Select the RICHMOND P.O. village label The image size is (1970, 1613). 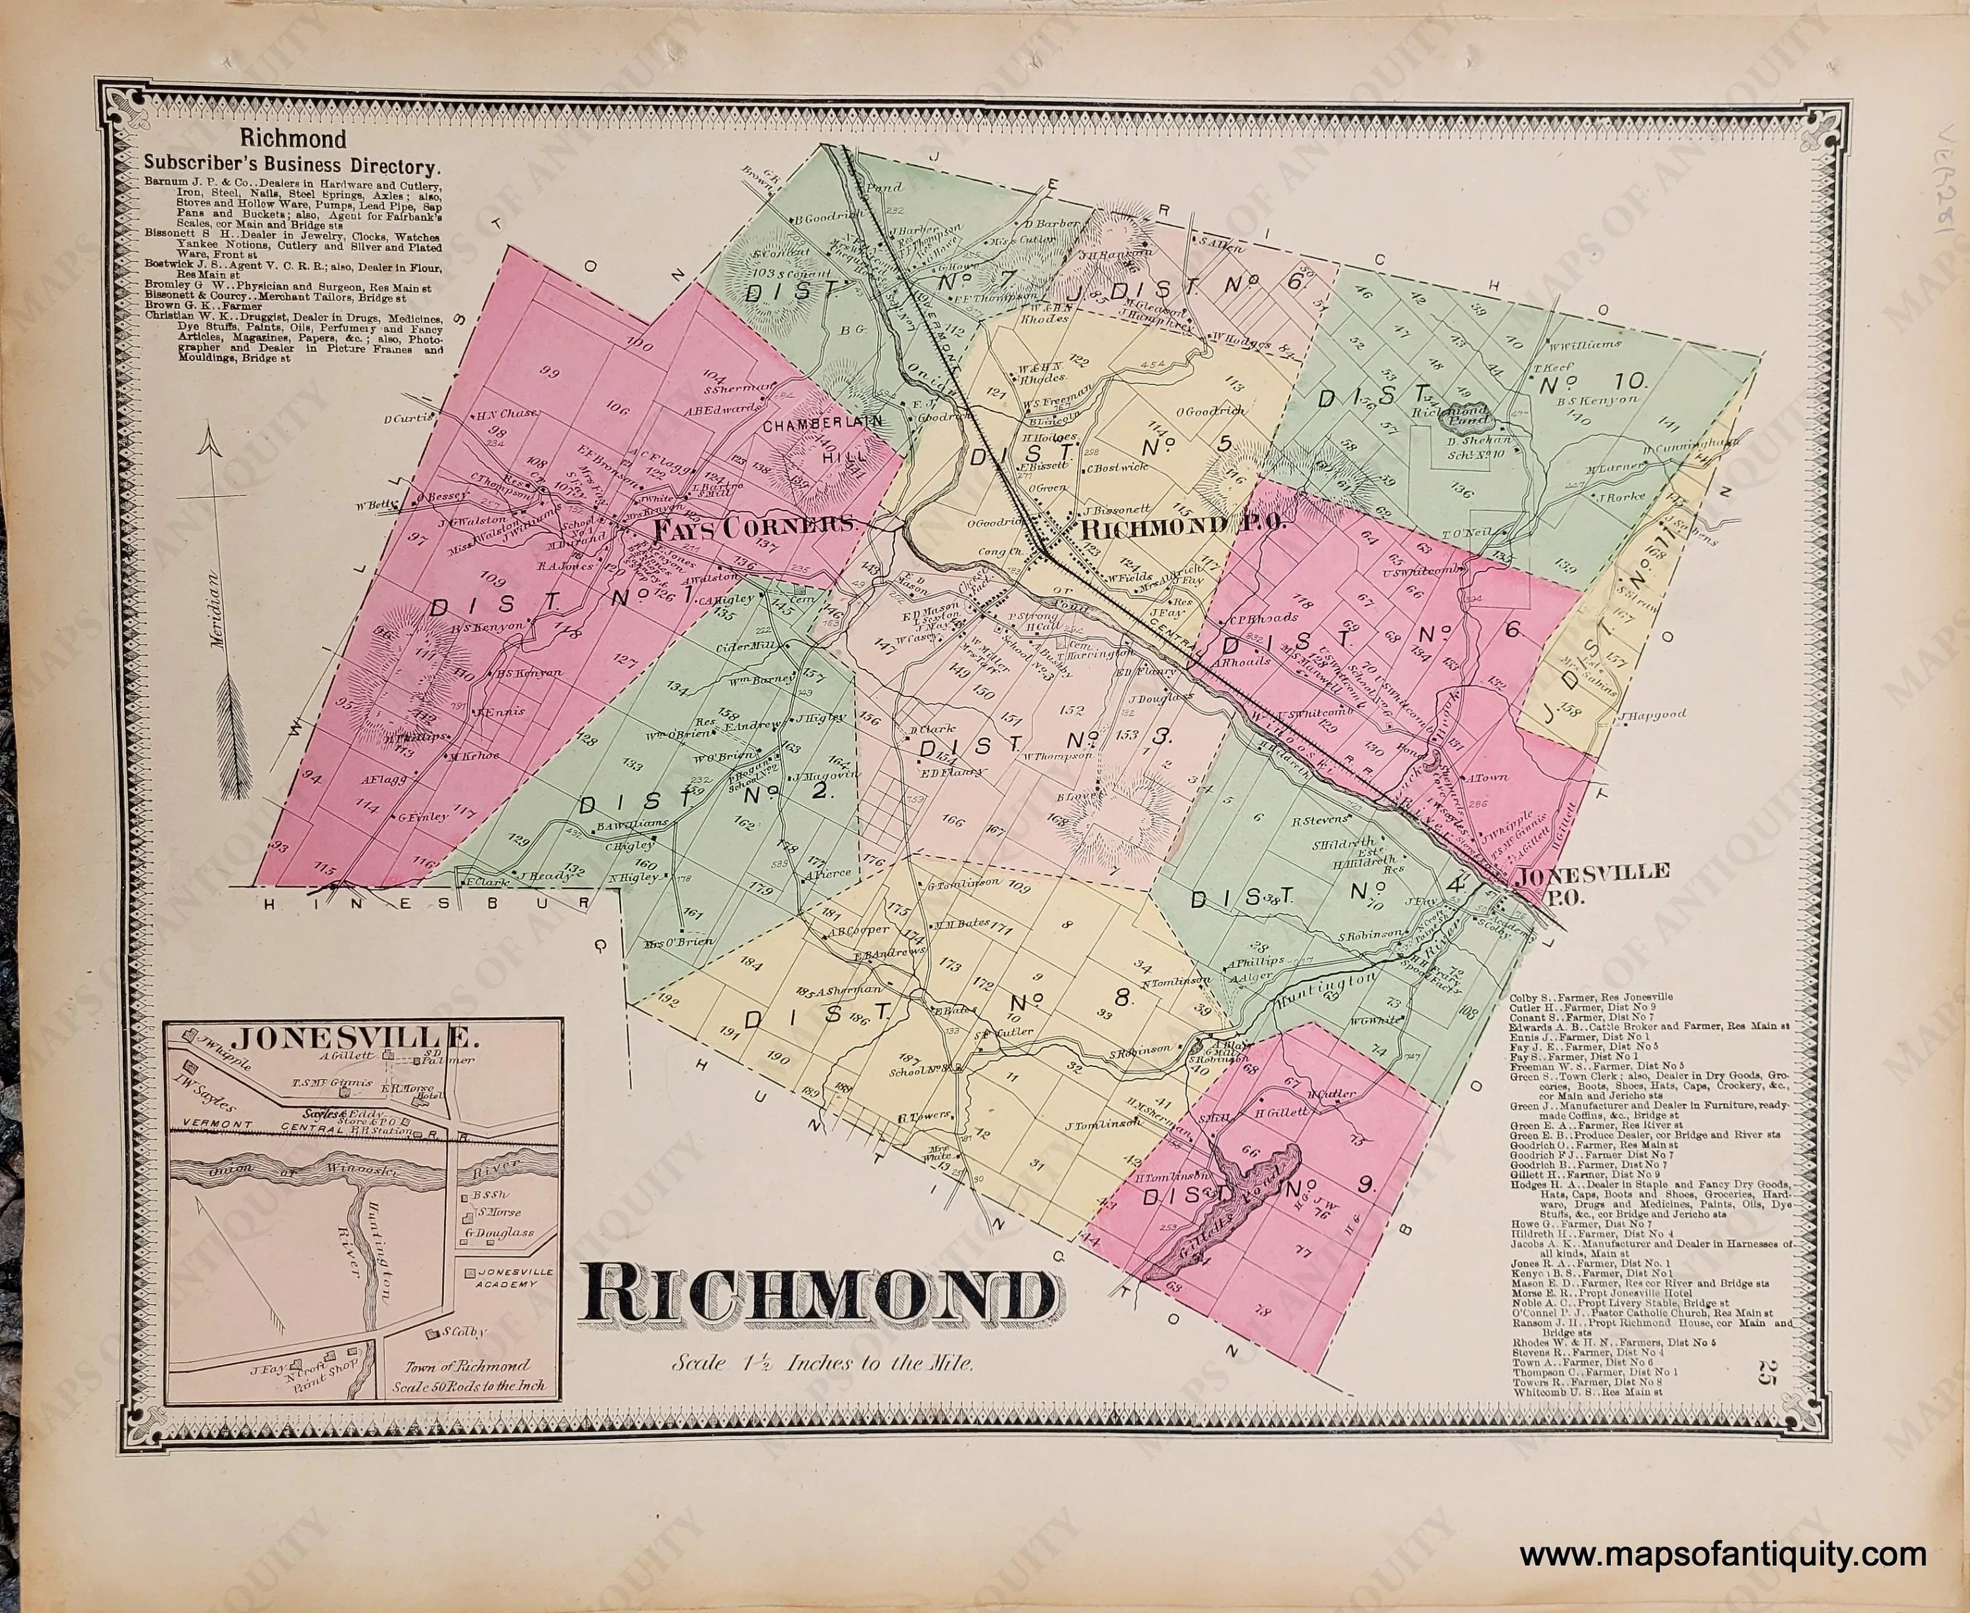point(1181,526)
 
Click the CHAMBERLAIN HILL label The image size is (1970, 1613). point(823,438)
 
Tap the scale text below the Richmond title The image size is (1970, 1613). point(824,1364)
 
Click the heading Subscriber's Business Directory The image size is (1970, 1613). point(291,168)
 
